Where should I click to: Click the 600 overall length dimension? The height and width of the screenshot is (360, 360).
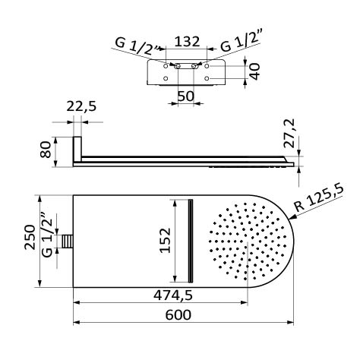(178, 315)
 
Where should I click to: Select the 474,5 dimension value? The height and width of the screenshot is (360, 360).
(173, 295)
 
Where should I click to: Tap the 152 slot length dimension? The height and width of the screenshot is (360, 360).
(166, 241)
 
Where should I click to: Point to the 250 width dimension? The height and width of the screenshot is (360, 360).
(30, 237)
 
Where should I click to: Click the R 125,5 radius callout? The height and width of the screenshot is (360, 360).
(320, 199)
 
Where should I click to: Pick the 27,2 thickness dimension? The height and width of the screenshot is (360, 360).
(289, 133)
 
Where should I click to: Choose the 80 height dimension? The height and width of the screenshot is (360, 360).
(46, 150)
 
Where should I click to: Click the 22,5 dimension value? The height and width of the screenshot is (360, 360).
(81, 106)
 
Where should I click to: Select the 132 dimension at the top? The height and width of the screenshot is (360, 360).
(187, 42)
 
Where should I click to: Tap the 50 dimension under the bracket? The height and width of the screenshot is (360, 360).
(186, 96)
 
